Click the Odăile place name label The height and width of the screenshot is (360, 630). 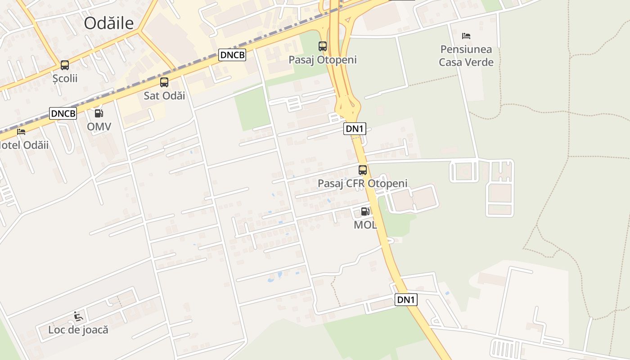pyautogui.click(x=109, y=23)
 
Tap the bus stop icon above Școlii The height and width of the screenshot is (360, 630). pyautogui.click(x=65, y=65)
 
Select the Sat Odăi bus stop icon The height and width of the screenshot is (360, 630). pyautogui.click(x=164, y=82)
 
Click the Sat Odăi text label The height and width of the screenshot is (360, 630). pyautogui.click(x=164, y=95)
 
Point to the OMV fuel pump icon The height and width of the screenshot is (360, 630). pyautogui.click(x=99, y=113)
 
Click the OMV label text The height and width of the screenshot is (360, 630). pyautogui.click(x=99, y=126)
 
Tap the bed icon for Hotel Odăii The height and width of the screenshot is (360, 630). pyautogui.click(x=21, y=132)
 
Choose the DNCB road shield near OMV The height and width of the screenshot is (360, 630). pyautogui.click(x=63, y=113)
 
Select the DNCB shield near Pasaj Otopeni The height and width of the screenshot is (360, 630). pyautogui.click(x=233, y=55)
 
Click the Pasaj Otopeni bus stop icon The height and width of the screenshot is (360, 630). pyautogui.click(x=323, y=46)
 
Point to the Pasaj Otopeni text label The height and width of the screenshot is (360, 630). pyautogui.click(x=323, y=59)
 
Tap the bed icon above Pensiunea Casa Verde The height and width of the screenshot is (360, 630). pyautogui.click(x=466, y=36)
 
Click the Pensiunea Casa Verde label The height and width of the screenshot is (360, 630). pyautogui.click(x=466, y=56)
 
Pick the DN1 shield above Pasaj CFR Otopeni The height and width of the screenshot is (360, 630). pyautogui.click(x=355, y=129)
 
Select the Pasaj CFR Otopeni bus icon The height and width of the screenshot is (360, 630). pyautogui.click(x=363, y=170)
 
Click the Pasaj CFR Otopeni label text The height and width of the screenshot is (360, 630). pyautogui.click(x=363, y=183)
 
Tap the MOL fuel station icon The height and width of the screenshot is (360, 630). pyautogui.click(x=365, y=211)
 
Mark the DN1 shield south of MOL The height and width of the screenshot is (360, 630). pyautogui.click(x=406, y=300)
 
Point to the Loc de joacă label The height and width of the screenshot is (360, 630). pyautogui.click(x=78, y=329)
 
